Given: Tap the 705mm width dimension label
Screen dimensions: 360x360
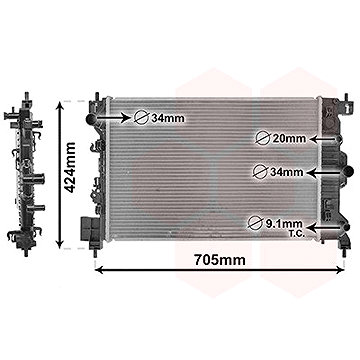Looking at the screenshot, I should [219, 263].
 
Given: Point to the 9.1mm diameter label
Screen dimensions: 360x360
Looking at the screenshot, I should [287, 222].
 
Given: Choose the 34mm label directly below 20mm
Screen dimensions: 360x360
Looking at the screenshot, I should [286, 172].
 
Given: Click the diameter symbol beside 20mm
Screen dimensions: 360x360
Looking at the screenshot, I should [262, 137].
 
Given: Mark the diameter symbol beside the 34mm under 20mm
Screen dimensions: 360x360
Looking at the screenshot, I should [262, 172].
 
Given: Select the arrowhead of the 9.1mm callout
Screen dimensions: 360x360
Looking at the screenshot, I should [320, 228].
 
